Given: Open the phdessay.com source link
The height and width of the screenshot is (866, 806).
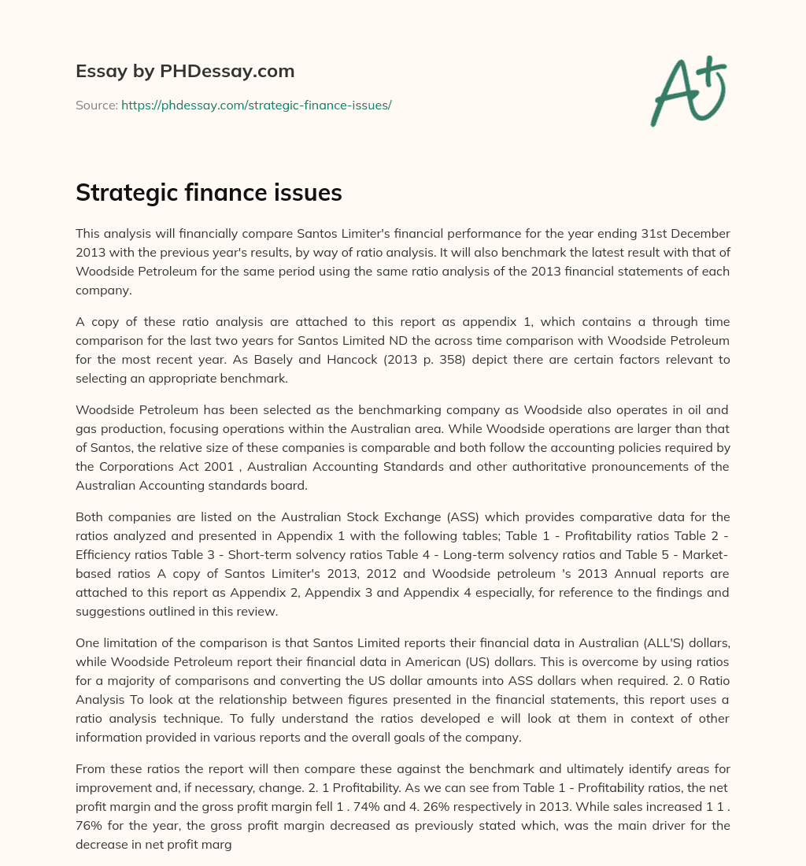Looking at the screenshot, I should [x=256, y=105].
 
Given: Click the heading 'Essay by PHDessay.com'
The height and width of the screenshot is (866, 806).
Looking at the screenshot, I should [x=185, y=71].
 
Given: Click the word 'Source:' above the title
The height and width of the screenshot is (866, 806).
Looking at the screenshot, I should [x=96, y=105].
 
